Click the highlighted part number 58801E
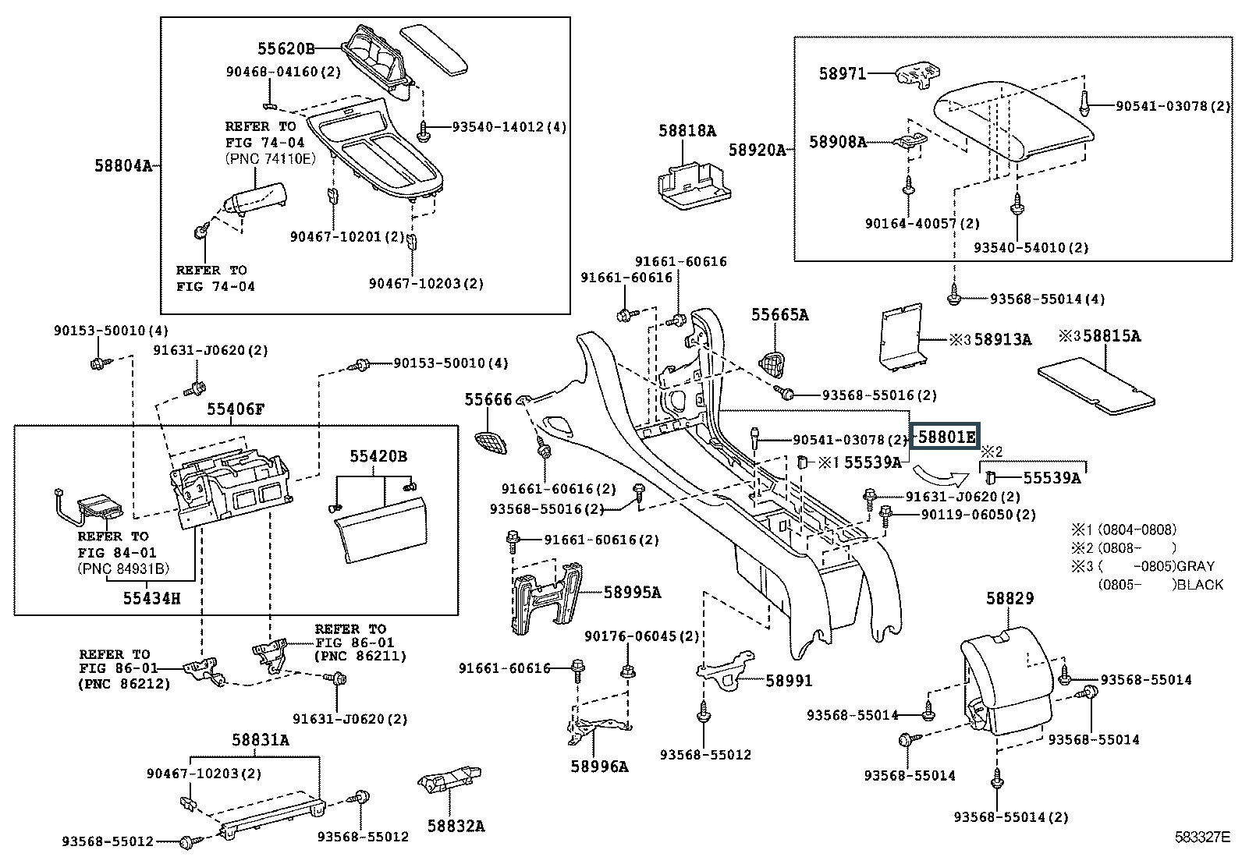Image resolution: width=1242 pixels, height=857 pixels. tap(946, 437)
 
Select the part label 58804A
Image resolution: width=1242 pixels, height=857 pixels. tap(123, 165)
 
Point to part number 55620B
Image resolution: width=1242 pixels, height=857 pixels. tap(286, 49)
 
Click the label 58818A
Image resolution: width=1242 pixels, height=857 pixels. tap(687, 131)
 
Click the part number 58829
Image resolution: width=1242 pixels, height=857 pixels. tap(1010, 598)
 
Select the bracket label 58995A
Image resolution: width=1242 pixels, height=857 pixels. tap(632, 593)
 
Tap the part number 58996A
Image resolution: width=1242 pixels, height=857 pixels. tap(598, 767)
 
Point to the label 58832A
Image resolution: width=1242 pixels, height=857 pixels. tap(456, 826)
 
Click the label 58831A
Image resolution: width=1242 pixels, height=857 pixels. tap(260, 740)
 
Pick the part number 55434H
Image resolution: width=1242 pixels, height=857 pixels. tap(151, 598)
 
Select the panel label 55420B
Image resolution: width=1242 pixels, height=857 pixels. tap(378, 456)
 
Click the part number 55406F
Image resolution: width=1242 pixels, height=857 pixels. tap(236, 409)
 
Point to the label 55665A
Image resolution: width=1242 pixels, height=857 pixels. tap(779, 315)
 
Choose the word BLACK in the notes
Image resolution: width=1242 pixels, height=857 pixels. tap(1201, 584)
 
